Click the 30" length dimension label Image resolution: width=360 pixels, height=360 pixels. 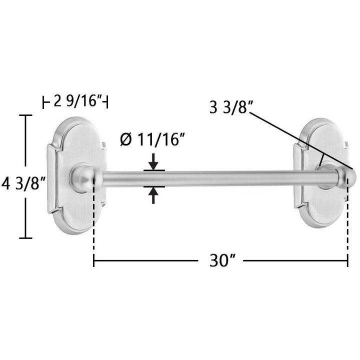222,261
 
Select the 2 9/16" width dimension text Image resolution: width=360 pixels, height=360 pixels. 78,100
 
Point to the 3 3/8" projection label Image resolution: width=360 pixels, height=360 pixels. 231,107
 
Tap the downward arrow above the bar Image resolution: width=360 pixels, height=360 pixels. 153,162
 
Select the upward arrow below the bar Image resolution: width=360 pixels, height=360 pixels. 153,195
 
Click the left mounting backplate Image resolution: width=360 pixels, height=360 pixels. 77,175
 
